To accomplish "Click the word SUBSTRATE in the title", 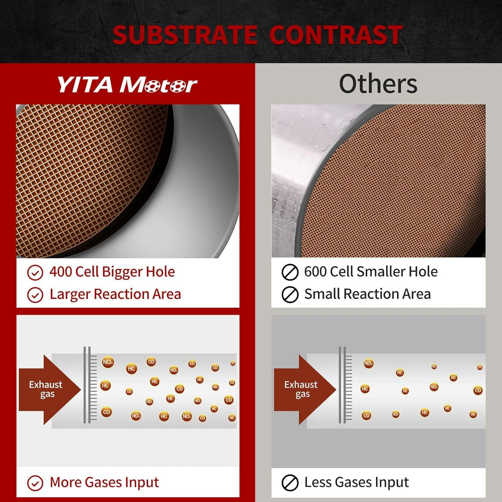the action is (185, 35).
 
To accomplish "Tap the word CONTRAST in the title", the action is (336, 35).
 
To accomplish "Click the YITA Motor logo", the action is (127, 85).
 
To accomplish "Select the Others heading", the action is (378, 84).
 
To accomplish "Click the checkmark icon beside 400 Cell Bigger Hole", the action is (35, 273).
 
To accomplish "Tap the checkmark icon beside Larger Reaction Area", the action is (35, 295).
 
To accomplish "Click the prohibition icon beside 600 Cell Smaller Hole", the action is (290, 272).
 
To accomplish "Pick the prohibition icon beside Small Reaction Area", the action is (290, 295).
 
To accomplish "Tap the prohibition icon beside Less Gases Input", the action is (290, 483).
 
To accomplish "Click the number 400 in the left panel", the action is (61, 272).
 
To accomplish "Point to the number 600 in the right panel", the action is (316, 271).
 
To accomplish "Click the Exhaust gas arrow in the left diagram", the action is (50, 389).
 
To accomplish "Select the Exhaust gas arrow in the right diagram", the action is (305, 389).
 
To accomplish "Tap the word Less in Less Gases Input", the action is (318, 482).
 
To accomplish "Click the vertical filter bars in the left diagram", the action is (90, 385).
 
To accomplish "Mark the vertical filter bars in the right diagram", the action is (345, 385).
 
